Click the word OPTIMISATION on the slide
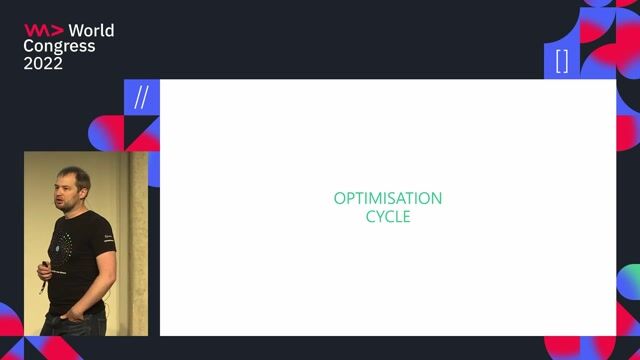[388, 198]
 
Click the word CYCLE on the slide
[388, 216]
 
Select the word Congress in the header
[60, 46]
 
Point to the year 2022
[44, 63]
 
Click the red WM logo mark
[43, 30]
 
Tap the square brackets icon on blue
[562, 61]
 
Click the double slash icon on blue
[141, 98]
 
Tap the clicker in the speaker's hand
[43, 268]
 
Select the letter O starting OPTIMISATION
[339, 198]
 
